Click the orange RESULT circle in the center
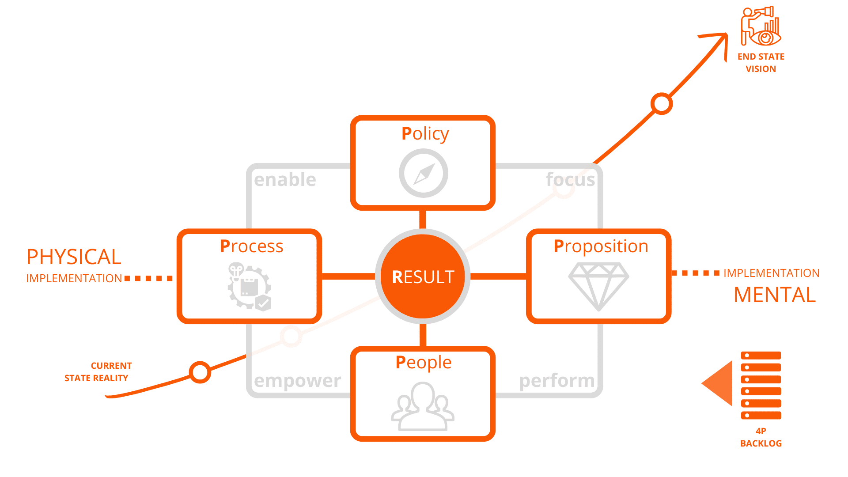423,276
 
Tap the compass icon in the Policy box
424,173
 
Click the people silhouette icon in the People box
423,406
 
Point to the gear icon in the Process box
249,287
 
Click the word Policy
425,134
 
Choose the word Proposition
601,246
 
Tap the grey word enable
285,180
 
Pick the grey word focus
570,180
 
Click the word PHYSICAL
74,257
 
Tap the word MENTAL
775,295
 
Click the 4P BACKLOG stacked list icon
761,386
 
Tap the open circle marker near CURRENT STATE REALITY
200,372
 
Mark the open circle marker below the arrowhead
662,104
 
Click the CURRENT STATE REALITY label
98,372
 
